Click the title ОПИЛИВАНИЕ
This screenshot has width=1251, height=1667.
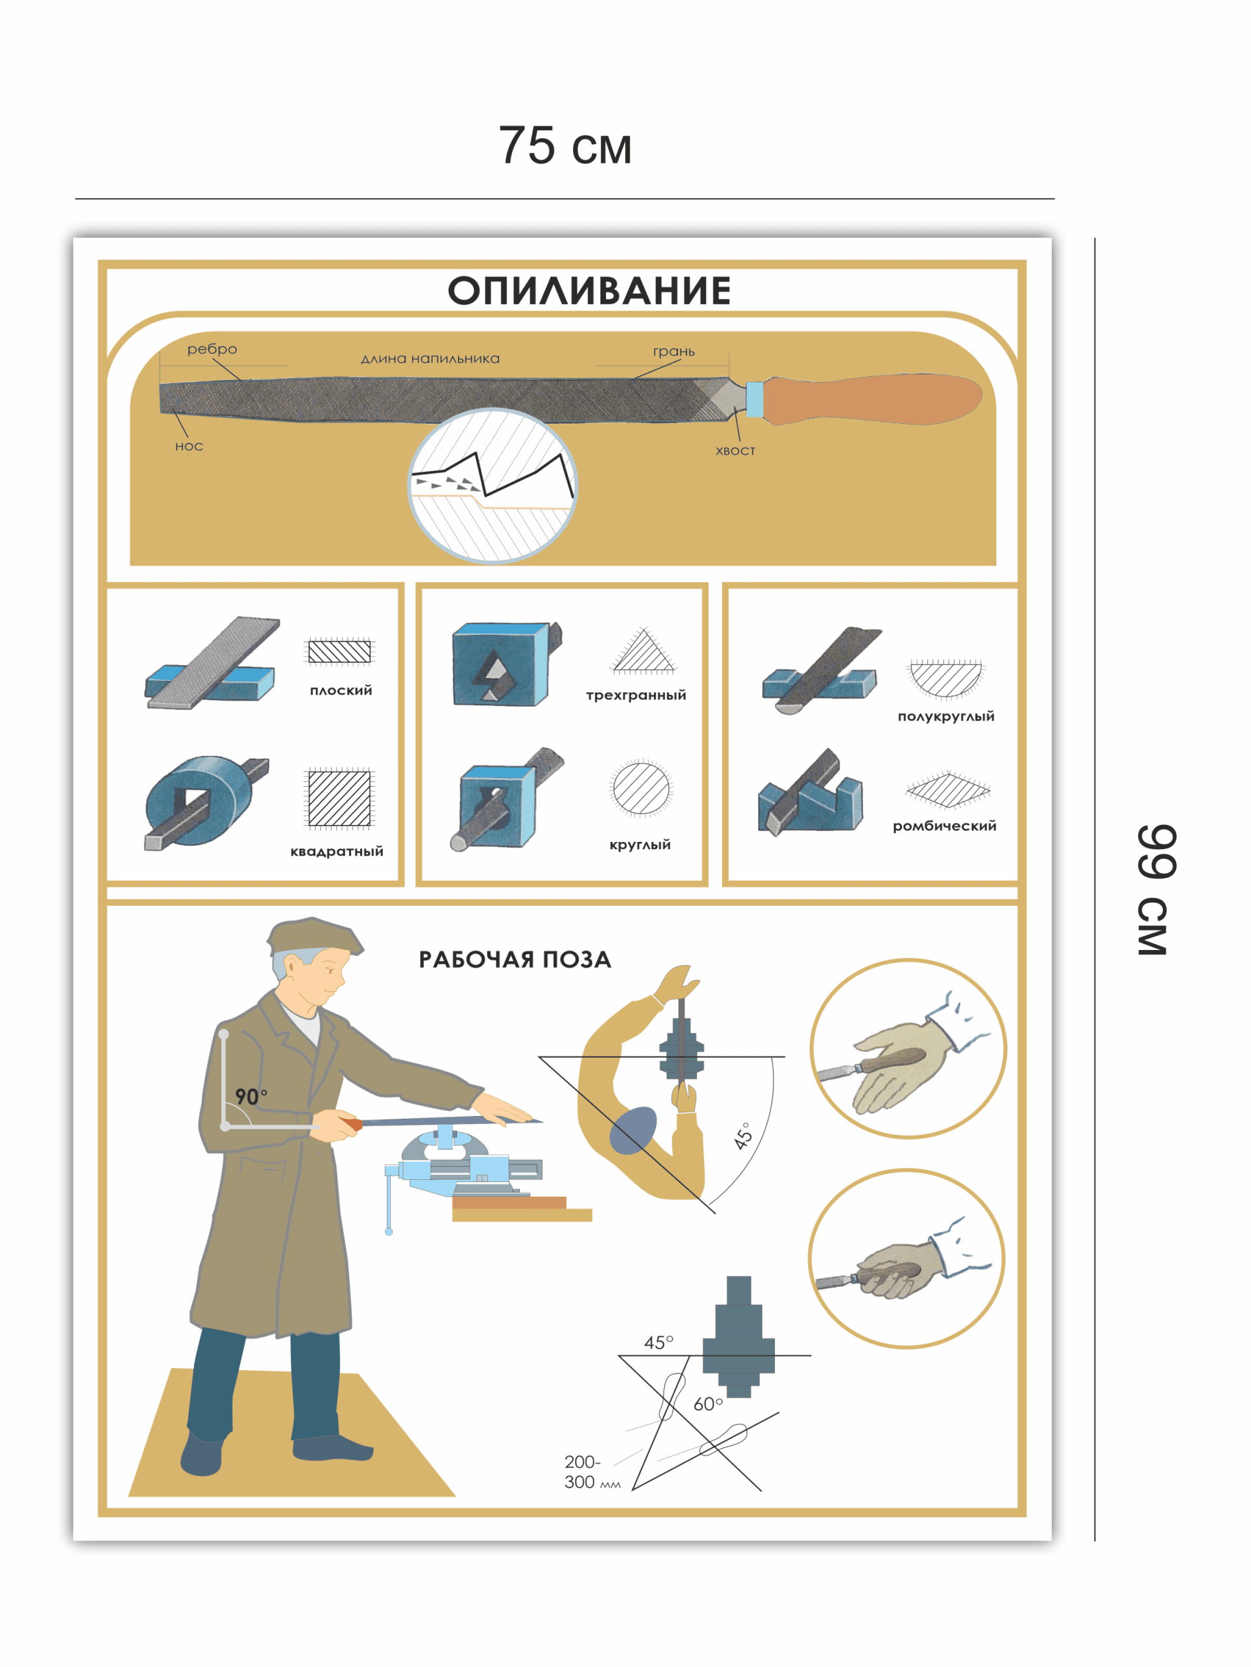point(589,291)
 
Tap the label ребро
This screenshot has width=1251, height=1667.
point(212,349)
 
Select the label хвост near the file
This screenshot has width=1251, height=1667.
point(735,451)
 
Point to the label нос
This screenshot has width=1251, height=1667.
point(188,446)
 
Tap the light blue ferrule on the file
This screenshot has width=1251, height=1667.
point(753,399)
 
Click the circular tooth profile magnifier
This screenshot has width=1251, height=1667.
point(493,485)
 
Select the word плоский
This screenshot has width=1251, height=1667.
point(341,690)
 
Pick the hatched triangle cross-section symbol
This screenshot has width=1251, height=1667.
point(643,652)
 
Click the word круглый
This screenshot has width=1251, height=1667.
point(640,844)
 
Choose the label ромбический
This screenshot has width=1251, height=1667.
point(944,826)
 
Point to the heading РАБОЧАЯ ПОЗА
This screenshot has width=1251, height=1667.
point(514,959)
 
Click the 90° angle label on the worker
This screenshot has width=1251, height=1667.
point(250,1097)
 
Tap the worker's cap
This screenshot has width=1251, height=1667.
point(313,938)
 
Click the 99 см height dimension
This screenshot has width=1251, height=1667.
point(1155,890)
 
